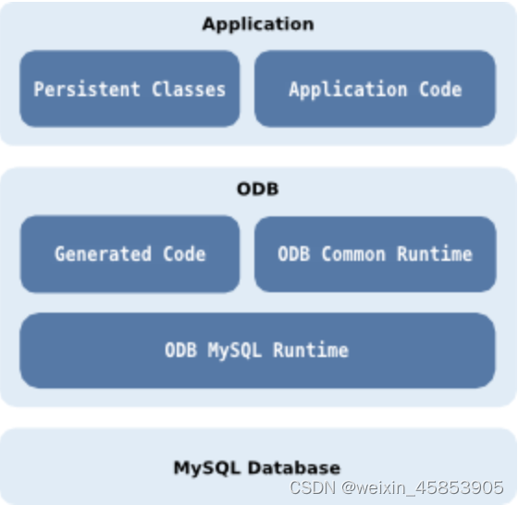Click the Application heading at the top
click(258, 24)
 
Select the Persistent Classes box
click(129, 89)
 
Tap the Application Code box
click(375, 89)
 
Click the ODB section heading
click(258, 190)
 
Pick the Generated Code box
click(129, 253)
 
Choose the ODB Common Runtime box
click(375, 253)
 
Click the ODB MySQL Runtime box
click(257, 351)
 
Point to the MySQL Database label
click(257, 467)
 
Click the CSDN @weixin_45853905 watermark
click(397, 487)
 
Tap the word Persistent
click(86, 90)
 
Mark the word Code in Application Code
click(439, 90)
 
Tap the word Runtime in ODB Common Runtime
click(436, 253)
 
